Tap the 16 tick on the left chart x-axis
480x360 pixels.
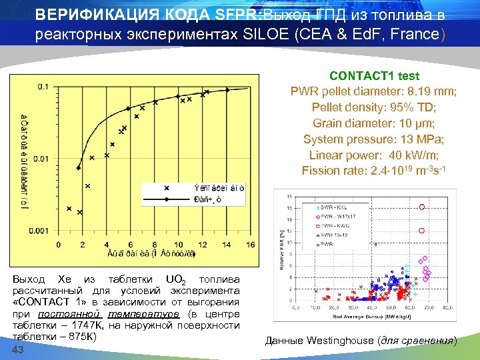point(250,244)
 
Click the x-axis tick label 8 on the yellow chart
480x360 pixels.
point(154,244)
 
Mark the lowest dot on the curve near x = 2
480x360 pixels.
point(79,168)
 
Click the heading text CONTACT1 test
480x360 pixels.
point(374,77)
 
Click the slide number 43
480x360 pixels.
point(19,351)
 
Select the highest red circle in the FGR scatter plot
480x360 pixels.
point(421,207)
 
